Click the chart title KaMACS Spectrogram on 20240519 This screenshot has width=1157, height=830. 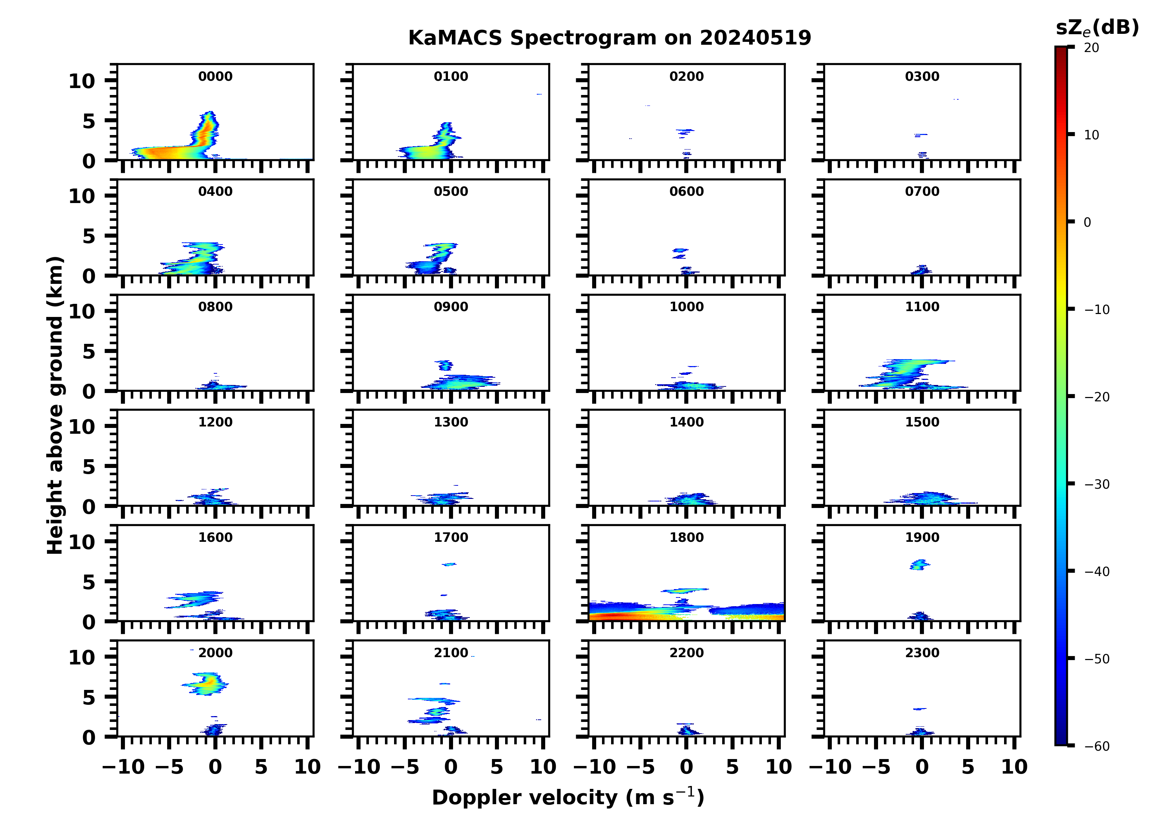(x=609, y=38)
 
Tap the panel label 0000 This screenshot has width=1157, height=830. (x=215, y=76)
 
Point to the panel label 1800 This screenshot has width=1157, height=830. (x=686, y=537)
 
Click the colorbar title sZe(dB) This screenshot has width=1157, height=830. (x=1097, y=28)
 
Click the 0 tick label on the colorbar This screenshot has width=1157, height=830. (x=1087, y=222)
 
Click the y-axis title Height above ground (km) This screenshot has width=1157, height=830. (x=55, y=405)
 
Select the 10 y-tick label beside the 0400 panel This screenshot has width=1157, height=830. (x=82, y=196)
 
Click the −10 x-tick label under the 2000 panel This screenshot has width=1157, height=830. (x=124, y=767)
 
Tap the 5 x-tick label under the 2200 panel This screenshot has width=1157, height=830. (x=732, y=767)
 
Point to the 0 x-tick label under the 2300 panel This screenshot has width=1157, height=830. (x=922, y=767)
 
